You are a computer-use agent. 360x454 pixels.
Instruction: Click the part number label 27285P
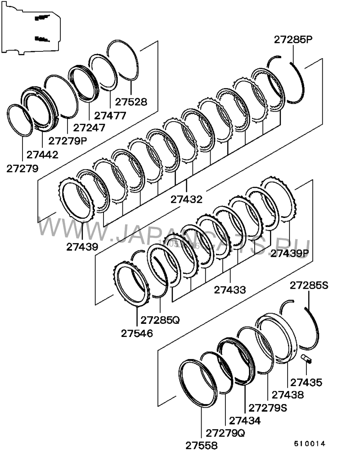[x=293, y=40]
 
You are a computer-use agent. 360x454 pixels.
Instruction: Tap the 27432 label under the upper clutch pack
[x=186, y=199]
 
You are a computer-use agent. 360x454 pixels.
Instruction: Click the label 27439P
[x=290, y=253]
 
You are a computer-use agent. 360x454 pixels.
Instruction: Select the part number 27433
[x=230, y=290]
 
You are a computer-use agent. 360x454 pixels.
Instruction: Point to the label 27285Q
[x=160, y=320]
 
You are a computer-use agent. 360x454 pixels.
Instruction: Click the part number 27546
[x=137, y=333]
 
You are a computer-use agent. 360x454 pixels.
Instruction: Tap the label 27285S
[x=309, y=285]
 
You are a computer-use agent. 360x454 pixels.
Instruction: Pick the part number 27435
[x=306, y=382]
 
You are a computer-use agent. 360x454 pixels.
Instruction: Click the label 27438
[x=288, y=395]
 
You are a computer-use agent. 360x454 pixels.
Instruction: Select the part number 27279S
[x=268, y=408]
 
